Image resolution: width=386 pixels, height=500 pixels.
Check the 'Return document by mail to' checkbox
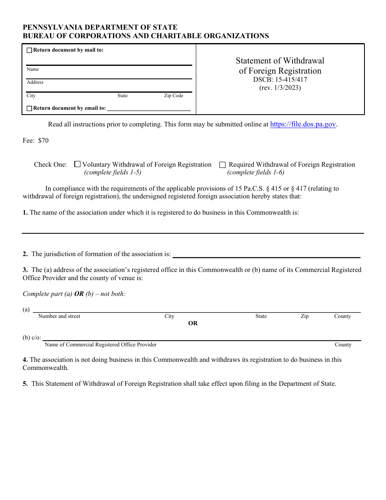coord(29,50)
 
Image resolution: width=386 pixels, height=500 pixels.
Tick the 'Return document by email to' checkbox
coord(29,109)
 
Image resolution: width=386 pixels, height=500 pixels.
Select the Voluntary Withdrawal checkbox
coord(77,165)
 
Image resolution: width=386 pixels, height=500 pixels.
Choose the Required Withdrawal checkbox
coord(222,165)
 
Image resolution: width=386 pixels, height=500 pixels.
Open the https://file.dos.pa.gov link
coord(303,124)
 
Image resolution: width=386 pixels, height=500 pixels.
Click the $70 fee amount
coord(43,141)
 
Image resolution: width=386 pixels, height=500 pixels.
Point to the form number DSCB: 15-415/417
coord(280,80)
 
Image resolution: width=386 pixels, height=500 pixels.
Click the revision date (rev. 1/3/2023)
coord(280,87)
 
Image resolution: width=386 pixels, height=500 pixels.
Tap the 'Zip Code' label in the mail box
coord(173,96)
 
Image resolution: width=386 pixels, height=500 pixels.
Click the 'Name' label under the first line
coord(33,70)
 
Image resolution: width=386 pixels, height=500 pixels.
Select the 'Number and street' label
coord(59,316)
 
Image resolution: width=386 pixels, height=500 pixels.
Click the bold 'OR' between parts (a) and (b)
coord(193,323)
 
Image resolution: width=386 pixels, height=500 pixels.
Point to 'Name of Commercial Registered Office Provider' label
coord(100,345)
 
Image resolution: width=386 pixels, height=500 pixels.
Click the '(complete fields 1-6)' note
coord(256,172)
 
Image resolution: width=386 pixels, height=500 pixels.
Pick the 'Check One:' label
coord(50,165)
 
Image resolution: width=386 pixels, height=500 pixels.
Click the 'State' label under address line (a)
coord(261,316)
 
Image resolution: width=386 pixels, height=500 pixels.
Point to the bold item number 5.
coord(25,384)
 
